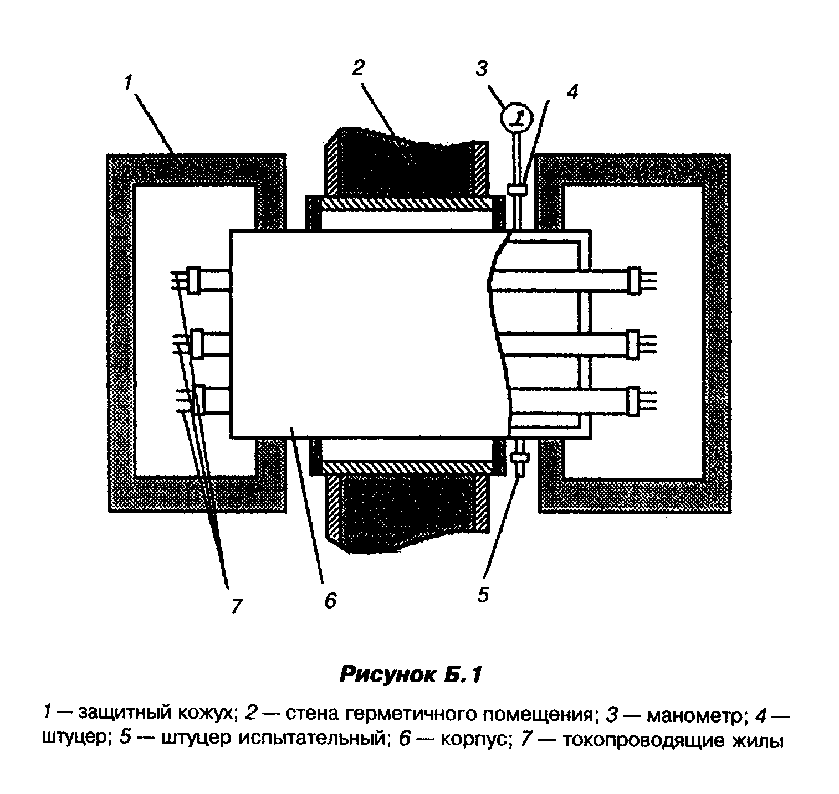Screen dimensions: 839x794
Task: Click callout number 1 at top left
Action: tap(127, 83)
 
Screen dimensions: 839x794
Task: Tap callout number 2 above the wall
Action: tap(358, 68)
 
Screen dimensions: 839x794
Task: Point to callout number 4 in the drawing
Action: tap(571, 92)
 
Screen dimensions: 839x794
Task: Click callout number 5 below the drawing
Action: tap(483, 595)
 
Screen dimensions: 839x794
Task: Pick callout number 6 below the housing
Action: tap(330, 600)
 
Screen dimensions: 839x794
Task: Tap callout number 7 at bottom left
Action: tap(237, 606)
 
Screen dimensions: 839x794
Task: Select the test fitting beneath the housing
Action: tap(519, 460)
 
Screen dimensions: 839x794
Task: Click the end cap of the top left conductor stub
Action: tap(194, 280)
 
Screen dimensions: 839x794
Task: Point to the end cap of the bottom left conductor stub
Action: tap(197, 399)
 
